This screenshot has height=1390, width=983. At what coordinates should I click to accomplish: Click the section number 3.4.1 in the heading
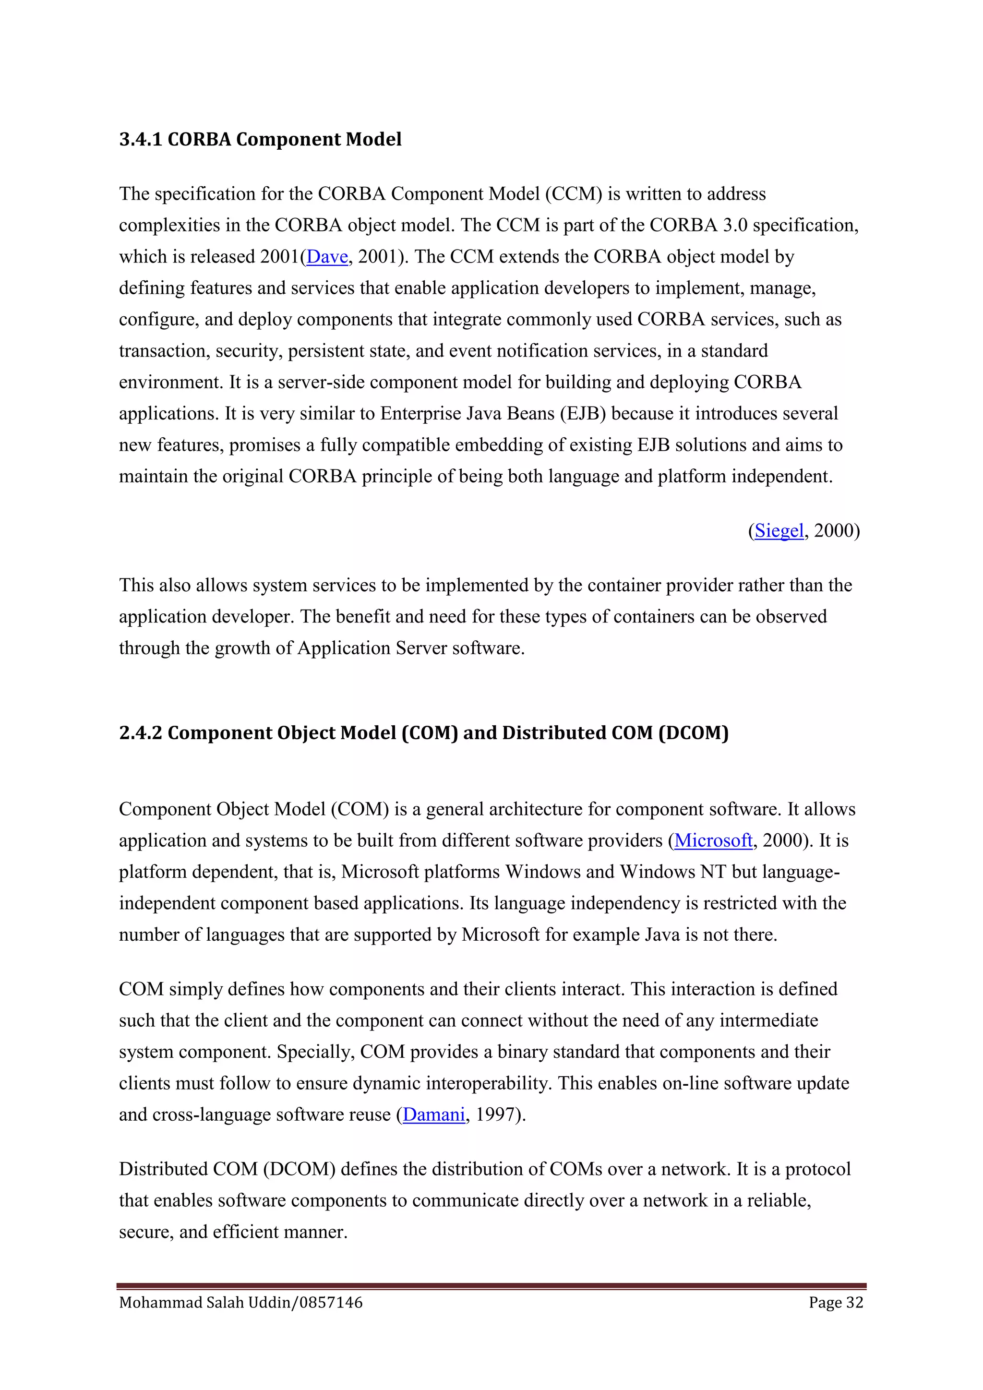pyautogui.click(x=141, y=139)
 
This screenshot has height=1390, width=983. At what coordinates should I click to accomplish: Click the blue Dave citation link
pyautogui.click(x=327, y=257)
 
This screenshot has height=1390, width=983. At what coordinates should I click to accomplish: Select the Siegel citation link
pyautogui.click(x=779, y=530)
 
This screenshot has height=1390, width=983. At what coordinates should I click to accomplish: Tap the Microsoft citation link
pyautogui.click(x=713, y=840)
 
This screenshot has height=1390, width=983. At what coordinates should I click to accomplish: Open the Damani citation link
pyautogui.click(x=433, y=1114)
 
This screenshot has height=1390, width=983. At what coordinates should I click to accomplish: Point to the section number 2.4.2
pyautogui.click(x=141, y=732)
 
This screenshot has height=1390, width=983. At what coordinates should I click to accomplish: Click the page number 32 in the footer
pyautogui.click(x=854, y=1302)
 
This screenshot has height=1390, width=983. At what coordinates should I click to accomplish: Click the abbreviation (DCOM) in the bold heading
pyautogui.click(x=693, y=732)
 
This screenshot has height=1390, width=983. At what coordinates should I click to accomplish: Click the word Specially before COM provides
pyautogui.click(x=315, y=1052)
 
